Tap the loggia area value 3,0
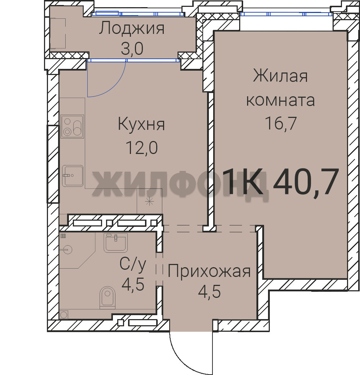[132, 48]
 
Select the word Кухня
[141, 124]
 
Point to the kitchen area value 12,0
[141, 147]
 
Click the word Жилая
[280, 76]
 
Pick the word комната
[280, 101]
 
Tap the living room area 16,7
[281, 123]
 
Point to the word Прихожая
[209, 272]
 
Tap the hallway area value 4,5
[209, 291]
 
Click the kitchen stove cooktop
[72, 127]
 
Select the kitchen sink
[73, 176]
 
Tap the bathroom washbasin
[115, 243]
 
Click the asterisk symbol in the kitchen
[149, 202]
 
